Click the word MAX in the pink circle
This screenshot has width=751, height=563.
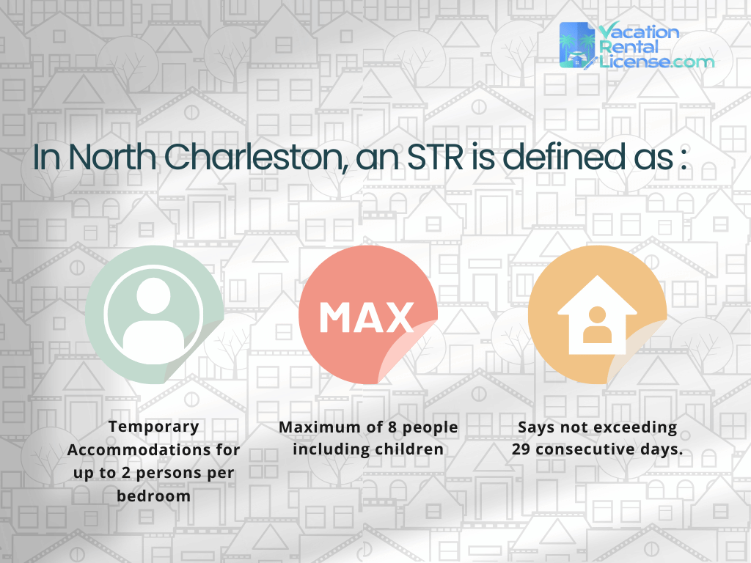pos(367,317)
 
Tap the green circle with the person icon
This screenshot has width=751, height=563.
pos(153,314)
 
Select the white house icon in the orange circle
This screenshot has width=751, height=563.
pos(597,315)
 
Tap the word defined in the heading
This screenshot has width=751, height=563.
pos(564,159)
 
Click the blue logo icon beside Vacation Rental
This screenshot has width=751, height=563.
pos(577,45)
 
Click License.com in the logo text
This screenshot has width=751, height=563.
pos(656,62)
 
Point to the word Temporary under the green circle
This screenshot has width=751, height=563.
pos(153,426)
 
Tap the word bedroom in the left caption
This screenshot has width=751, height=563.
pos(153,496)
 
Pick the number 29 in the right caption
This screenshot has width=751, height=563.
pos(521,449)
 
